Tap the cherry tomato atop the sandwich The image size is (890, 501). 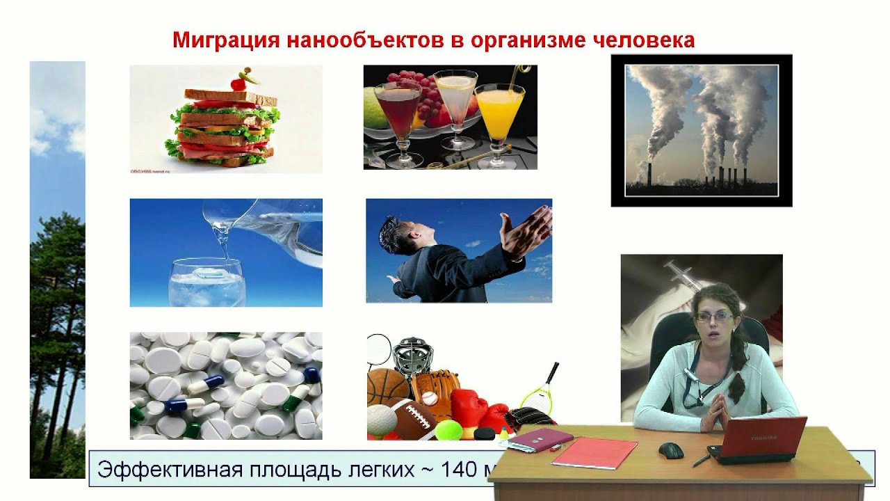coord(238,83)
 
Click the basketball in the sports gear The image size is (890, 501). coord(387,387)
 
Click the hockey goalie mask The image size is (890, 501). coord(412,355)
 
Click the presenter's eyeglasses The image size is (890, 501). coord(713,317)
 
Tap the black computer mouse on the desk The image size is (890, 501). coord(671,450)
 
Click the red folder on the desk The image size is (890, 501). coord(594,453)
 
